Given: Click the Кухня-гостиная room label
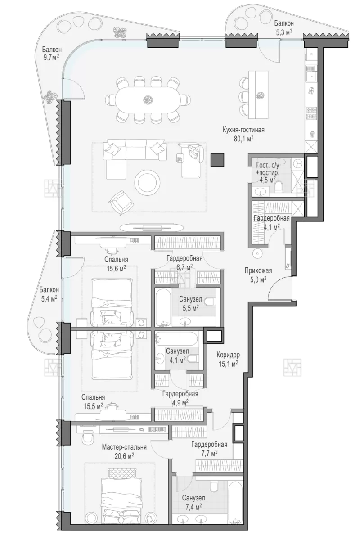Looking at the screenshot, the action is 243,130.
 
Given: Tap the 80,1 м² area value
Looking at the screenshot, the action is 243,139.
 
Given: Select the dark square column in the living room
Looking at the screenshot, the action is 217,160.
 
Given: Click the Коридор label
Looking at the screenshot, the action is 228,355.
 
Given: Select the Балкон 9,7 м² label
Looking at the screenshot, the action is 51,54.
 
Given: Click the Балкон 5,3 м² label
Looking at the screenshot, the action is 284,27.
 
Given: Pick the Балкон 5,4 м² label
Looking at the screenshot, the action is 49,293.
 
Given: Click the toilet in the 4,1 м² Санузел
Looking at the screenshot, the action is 193,359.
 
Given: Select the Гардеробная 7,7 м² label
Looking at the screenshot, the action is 209,448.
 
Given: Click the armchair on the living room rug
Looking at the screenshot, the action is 121,201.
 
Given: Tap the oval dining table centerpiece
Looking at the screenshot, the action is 148,99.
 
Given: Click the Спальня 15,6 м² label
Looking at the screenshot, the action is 116,264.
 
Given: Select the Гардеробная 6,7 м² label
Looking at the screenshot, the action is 184,263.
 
